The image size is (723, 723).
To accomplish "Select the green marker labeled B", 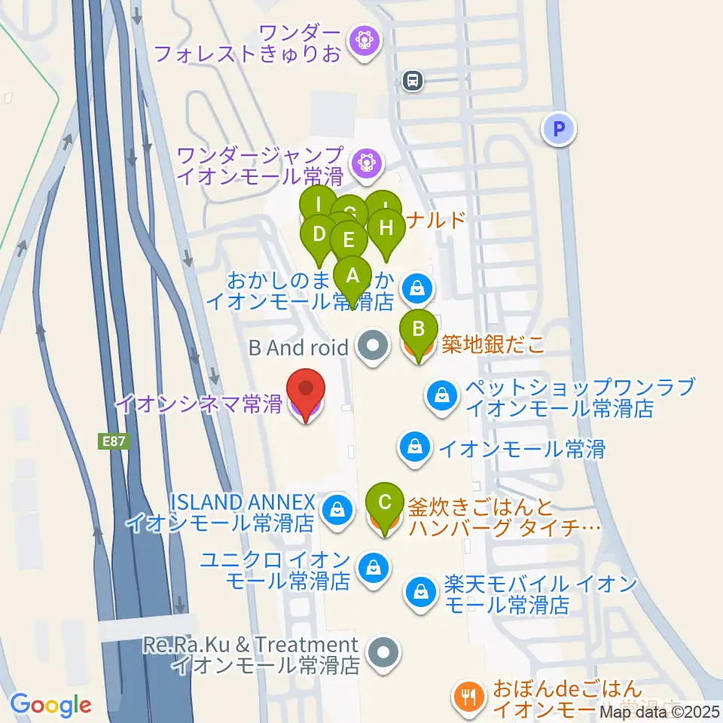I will point(419,330).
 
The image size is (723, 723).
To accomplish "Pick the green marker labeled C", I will point(385,503).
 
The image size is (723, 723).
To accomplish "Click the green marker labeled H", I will point(386,228).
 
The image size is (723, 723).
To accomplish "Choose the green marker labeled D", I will point(319,235).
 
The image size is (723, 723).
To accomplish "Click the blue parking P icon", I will point(559,130).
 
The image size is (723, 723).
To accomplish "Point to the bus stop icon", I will point(412,80).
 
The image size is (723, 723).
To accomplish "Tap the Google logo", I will point(51,705).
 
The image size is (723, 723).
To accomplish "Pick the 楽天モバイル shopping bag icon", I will point(419,592).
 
